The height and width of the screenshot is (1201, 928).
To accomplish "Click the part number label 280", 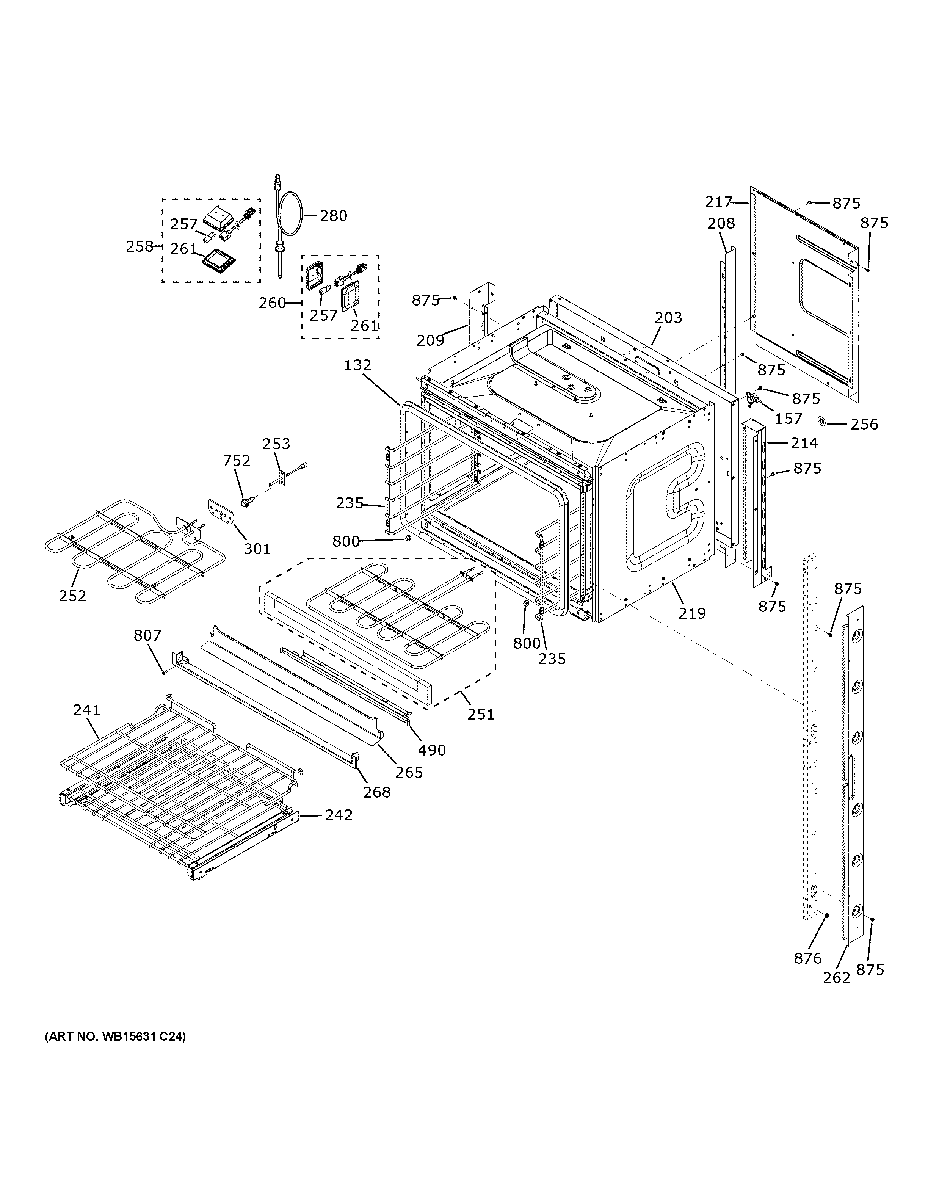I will click(334, 216).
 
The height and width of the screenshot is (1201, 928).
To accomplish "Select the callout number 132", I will click(358, 365).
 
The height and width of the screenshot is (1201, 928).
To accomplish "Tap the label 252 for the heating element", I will click(72, 596).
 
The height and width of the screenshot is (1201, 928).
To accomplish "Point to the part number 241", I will click(87, 710).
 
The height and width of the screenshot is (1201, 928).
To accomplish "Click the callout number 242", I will click(338, 815).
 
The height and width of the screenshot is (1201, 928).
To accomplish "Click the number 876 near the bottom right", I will click(807, 958).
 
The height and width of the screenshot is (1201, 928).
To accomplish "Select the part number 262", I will click(837, 977).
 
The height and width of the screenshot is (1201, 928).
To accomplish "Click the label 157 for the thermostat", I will click(788, 419).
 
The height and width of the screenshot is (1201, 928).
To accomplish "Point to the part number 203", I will click(668, 317).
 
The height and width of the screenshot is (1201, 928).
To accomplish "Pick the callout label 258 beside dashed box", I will click(140, 246).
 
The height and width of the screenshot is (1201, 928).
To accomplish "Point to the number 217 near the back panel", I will click(718, 202).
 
